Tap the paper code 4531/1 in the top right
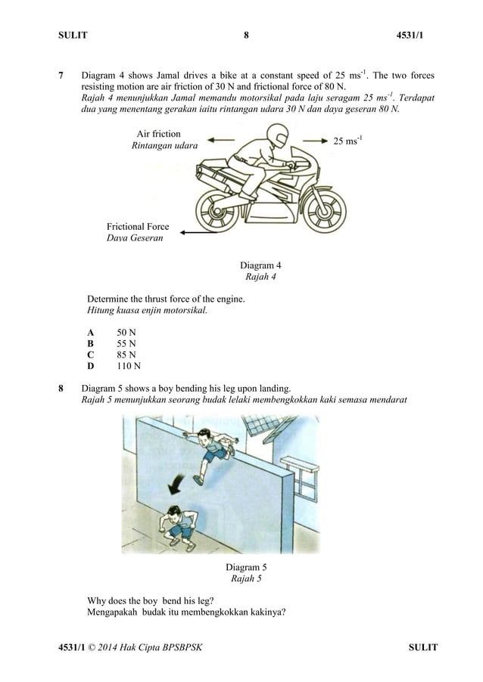pyautogui.click(x=422, y=35)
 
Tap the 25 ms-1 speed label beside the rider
pyautogui.click(x=347, y=141)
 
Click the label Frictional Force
pyautogui.click(x=137, y=227)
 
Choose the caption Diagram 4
pyautogui.click(x=260, y=265)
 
